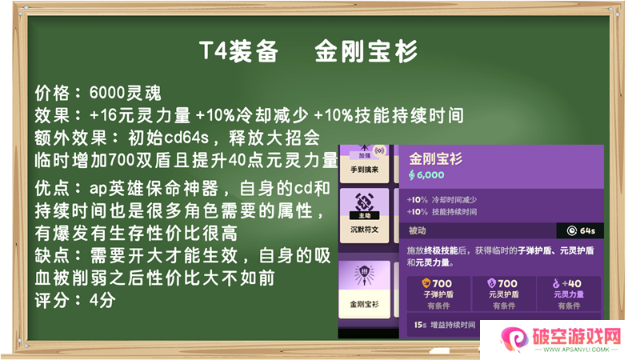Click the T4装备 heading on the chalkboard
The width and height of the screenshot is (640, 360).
[x=238, y=51]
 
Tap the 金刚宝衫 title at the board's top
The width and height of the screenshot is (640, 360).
[x=366, y=51]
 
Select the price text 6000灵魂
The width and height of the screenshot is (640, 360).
[x=126, y=93]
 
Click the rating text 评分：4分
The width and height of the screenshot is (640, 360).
[x=75, y=301]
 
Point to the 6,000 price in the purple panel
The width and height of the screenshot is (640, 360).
[x=426, y=175]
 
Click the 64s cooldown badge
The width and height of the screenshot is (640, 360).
[x=581, y=230]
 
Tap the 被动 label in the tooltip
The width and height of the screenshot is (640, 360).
[x=417, y=230]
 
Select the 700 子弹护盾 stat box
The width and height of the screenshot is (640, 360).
[x=438, y=294]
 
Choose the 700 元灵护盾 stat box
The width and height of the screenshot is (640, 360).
[x=504, y=294]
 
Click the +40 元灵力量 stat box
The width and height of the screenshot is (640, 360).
[x=569, y=294]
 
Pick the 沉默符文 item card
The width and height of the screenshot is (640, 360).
[x=365, y=215]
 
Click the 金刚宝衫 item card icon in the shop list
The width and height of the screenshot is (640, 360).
[x=365, y=274]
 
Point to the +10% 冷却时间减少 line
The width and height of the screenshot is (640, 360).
[x=442, y=199]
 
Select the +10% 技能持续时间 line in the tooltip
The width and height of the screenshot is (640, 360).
[x=442, y=212]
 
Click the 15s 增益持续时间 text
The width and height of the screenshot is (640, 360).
[x=445, y=325]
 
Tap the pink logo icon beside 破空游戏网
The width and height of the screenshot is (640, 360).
[x=514, y=338]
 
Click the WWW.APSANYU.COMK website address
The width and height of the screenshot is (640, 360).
[x=576, y=350]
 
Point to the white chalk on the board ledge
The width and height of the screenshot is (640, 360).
[x=439, y=351]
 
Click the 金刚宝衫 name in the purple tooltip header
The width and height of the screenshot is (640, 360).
[x=435, y=158]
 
